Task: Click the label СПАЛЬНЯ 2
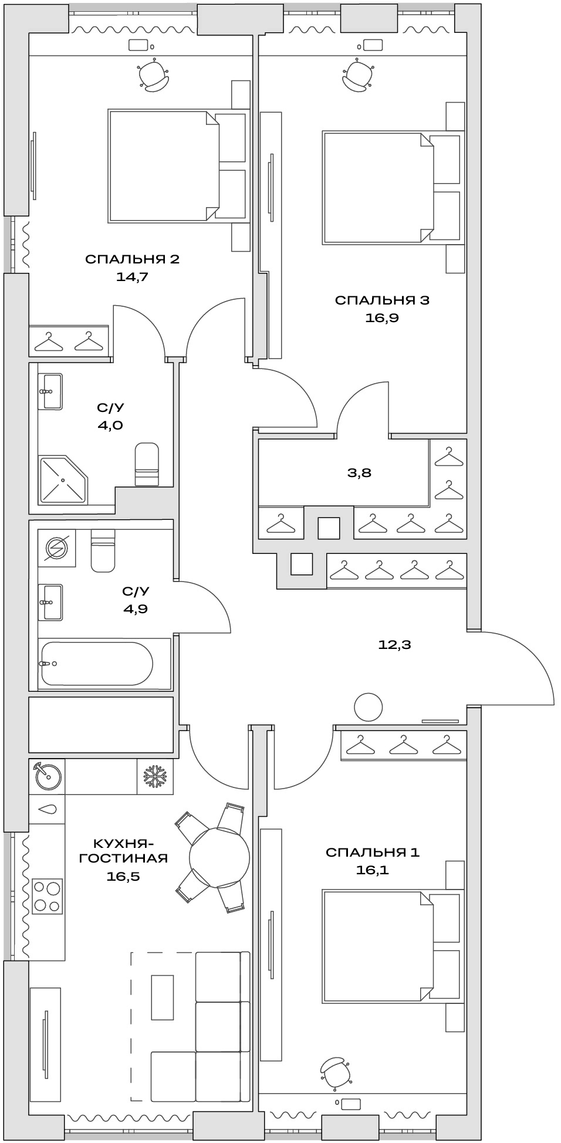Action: pos(132,259)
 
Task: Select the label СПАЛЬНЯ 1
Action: pos(373,852)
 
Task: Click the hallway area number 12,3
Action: pos(394,645)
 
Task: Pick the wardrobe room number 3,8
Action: pos(359,472)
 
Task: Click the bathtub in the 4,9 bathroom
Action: pos(97,664)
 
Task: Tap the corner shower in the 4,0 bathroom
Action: pos(62,479)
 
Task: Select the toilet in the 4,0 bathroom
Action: pos(147,464)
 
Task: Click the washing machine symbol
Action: pos(57,548)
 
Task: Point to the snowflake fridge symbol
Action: pos(156,777)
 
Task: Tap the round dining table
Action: pos(219,858)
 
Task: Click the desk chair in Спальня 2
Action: pos(154,76)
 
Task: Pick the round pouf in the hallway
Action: pos(369,706)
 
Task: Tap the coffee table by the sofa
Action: pos(163,997)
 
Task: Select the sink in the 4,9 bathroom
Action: pos(51,601)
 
